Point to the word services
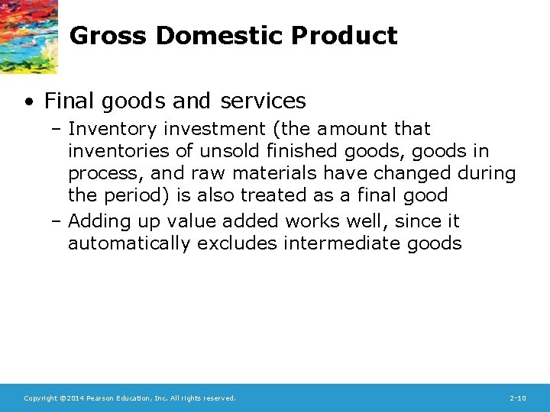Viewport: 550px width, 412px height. (x=263, y=101)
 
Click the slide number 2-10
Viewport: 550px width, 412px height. (x=517, y=398)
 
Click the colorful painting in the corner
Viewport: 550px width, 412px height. (x=28, y=34)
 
